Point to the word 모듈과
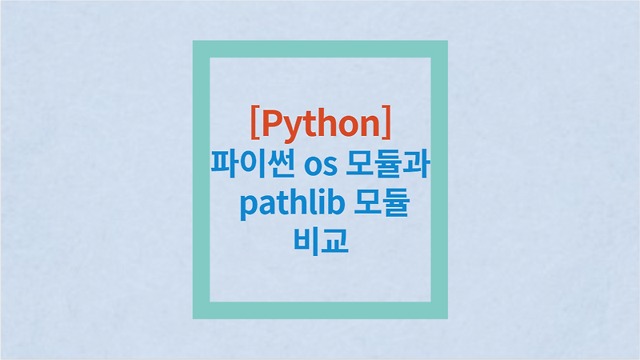point(389,167)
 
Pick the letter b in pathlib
point(337,204)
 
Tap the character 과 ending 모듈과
point(419,167)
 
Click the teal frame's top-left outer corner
point(193,40)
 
